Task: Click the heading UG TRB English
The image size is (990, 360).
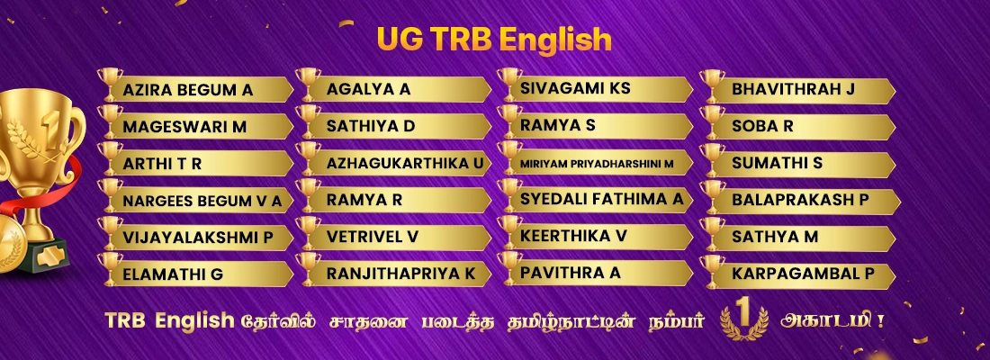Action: pyautogui.click(x=494, y=39)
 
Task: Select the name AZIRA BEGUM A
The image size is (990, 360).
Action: pyautogui.click(x=188, y=90)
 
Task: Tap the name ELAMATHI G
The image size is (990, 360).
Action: pyautogui.click(x=173, y=274)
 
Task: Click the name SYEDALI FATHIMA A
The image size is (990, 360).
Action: pyautogui.click(x=601, y=199)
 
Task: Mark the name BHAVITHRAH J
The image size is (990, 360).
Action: pyautogui.click(x=793, y=89)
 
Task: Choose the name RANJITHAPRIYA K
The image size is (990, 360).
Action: pyautogui.click(x=400, y=273)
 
